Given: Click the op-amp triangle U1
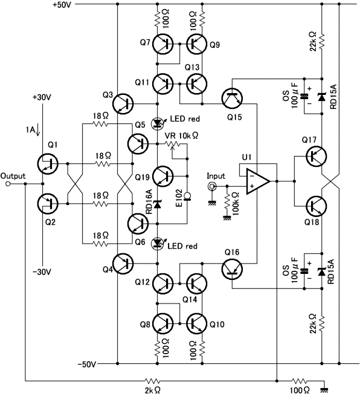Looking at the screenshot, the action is (257, 181).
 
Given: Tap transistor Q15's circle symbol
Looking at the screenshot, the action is (232, 98).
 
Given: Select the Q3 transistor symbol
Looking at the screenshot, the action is (123, 104).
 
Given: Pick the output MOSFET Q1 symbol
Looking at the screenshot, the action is (48, 164).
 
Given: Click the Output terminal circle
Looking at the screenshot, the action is (8, 184).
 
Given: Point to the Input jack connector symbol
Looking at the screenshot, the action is (211, 186).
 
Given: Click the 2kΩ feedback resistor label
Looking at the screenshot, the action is (153, 391).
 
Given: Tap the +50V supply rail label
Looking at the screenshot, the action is (62, 4).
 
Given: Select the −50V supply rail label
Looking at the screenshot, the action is (87, 365).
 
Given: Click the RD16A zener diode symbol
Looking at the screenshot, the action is (158, 204).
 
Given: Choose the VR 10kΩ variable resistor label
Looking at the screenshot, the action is (181, 135).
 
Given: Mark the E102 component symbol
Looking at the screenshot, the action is (187, 196).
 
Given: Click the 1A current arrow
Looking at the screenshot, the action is (38, 131).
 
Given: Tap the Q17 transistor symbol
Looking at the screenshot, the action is (317, 156).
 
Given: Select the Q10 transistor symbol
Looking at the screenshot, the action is (198, 323).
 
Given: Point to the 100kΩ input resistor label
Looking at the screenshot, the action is (236, 204).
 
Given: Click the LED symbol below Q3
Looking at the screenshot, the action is (158, 123).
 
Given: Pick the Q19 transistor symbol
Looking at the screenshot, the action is (163, 176).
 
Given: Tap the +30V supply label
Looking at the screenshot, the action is (42, 97).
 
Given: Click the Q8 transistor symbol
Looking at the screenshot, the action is (163, 323).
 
